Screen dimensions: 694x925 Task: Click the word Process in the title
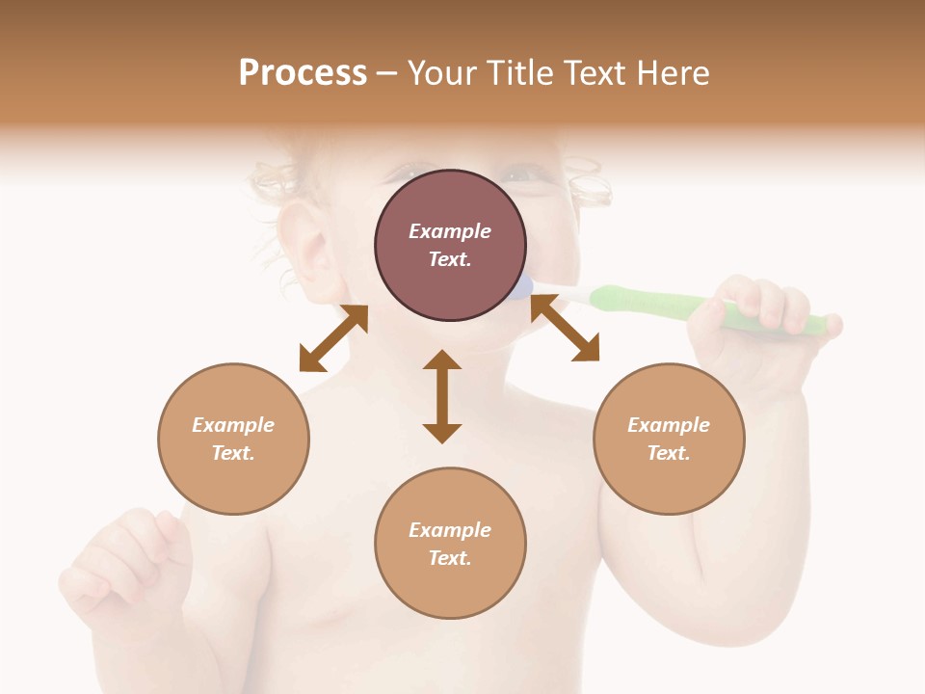(303, 73)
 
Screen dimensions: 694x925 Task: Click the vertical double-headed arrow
(442, 396)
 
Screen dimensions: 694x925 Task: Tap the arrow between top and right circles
(565, 328)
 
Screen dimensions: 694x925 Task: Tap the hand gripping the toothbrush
(761, 318)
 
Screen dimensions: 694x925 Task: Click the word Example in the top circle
(450, 231)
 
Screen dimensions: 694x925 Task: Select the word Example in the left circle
(233, 425)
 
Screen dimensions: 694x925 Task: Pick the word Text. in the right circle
(669, 453)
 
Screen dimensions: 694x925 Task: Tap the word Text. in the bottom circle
(450, 558)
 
